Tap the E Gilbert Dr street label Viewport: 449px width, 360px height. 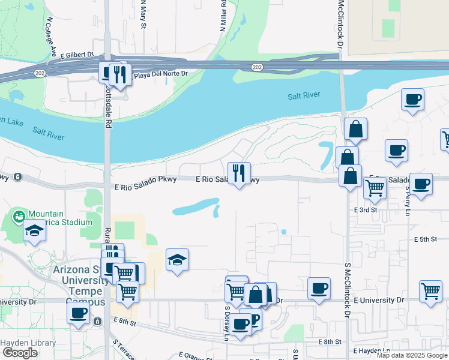point(77,55)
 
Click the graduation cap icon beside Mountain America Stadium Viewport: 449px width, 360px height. point(35,230)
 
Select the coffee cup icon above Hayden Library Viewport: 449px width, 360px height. point(79,313)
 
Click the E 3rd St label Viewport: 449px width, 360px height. point(366,210)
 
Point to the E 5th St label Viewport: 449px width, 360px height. point(425,239)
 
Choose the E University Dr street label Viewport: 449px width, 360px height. point(379,299)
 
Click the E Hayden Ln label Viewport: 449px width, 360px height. point(371,350)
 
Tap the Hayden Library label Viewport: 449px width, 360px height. point(28,343)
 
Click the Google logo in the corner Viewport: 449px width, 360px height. point(19,353)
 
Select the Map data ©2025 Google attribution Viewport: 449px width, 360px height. point(412,356)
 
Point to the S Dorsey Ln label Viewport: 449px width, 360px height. point(227,324)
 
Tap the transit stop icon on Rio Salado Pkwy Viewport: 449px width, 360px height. point(18,177)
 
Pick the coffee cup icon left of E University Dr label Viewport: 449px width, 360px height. point(319,288)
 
